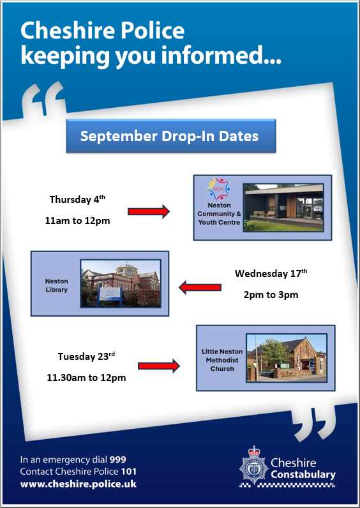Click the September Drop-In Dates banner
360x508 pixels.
click(x=171, y=136)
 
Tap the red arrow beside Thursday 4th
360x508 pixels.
click(x=149, y=211)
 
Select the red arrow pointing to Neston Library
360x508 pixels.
click(x=200, y=287)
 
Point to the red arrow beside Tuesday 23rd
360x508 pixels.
click(x=159, y=366)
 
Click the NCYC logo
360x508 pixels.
click(x=219, y=189)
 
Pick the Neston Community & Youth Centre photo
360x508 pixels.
click(x=283, y=207)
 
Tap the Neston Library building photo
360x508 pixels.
click(x=121, y=283)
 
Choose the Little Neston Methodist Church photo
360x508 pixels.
click(x=287, y=357)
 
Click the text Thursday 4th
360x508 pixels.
click(x=77, y=199)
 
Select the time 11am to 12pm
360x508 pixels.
click(x=77, y=221)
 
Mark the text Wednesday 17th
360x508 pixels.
click(x=271, y=273)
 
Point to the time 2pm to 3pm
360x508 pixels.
click(x=271, y=295)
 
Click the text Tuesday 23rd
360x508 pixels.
click(x=86, y=356)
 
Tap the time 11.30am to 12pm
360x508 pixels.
click(x=86, y=378)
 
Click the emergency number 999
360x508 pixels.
click(x=117, y=459)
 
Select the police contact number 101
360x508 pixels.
click(x=129, y=472)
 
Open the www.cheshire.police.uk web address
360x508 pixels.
click(x=79, y=484)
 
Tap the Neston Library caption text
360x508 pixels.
click(x=56, y=285)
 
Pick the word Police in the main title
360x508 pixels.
click(x=153, y=31)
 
